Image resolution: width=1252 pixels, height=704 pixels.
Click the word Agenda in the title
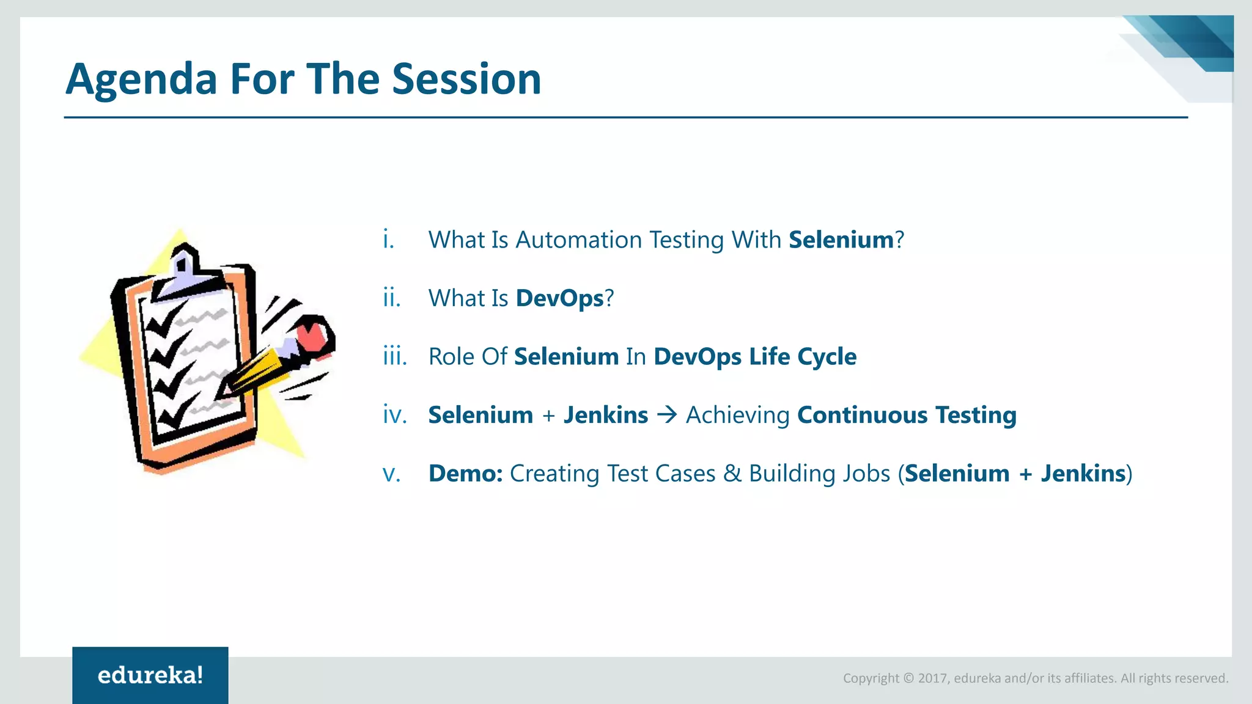click(x=141, y=80)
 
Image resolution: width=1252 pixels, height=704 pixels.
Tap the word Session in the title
click(x=466, y=79)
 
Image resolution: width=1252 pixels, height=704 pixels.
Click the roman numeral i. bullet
click(x=388, y=239)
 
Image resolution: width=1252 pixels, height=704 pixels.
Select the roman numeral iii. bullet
click(x=395, y=356)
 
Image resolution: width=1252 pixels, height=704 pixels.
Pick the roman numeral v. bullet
click(x=391, y=474)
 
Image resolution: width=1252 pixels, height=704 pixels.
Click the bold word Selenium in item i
click(x=841, y=240)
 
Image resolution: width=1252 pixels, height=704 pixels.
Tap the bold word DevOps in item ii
click(x=559, y=298)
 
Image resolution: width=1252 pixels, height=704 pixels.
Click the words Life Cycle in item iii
click(x=803, y=356)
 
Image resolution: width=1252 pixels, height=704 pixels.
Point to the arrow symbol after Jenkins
click(x=667, y=415)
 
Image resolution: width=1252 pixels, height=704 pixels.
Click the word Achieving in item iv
click(x=737, y=415)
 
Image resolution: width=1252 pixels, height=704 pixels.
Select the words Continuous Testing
click(x=907, y=415)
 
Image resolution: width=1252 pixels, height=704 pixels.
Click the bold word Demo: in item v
click(x=465, y=474)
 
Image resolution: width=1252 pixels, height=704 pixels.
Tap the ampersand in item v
click(x=732, y=474)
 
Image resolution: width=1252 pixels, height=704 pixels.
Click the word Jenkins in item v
click(x=1083, y=474)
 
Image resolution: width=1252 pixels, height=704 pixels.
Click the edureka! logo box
click(x=150, y=675)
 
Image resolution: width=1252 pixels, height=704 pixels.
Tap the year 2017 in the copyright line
click(x=932, y=678)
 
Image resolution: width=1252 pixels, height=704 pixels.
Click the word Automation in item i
click(x=578, y=240)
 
